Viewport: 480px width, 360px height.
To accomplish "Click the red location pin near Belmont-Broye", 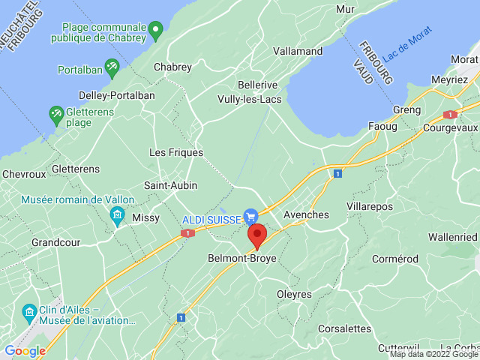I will coord(256,235).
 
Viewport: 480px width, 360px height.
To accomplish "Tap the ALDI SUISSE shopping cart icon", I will coord(251,216).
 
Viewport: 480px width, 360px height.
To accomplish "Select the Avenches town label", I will coord(306,214).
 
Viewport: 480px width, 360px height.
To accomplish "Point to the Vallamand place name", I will coord(298,52).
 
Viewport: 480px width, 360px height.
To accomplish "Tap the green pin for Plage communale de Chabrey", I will coord(156,31).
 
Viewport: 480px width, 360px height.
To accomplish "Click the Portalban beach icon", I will coord(112,67).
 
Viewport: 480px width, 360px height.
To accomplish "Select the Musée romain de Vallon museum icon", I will coord(117,217).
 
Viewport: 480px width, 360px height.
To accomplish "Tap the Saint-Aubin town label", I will coord(171,185).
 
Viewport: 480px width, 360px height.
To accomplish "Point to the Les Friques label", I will coord(176,152).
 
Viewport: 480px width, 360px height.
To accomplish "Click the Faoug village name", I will coord(382,126).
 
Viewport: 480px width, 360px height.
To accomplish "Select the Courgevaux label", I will coord(451,128).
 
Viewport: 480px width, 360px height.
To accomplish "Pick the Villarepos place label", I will coord(370,205).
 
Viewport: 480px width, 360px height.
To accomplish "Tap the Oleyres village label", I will coord(294,294).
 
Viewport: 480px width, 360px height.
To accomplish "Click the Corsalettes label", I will coord(344,328).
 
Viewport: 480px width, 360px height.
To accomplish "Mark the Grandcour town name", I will coord(56,243).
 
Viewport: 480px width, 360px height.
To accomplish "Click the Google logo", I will coord(25,350).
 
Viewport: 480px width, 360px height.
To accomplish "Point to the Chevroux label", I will coord(24,174).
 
